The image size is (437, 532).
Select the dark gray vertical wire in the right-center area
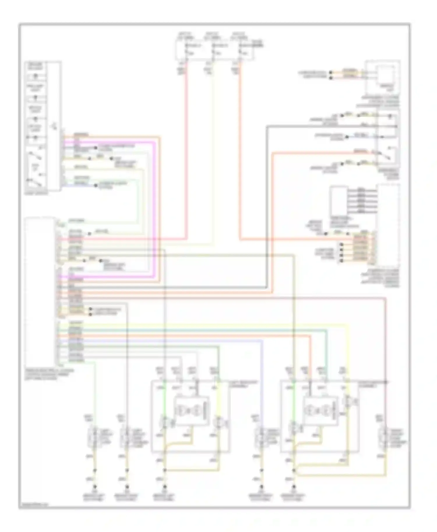click(x=267, y=204)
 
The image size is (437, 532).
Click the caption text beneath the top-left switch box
click(x=37, y=193)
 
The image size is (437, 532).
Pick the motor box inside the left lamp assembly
click(x=191, y=411)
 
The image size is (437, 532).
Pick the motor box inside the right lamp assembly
click(x=321, y=411)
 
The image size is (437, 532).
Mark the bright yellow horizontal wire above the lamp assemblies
click(x=204, y=324)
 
